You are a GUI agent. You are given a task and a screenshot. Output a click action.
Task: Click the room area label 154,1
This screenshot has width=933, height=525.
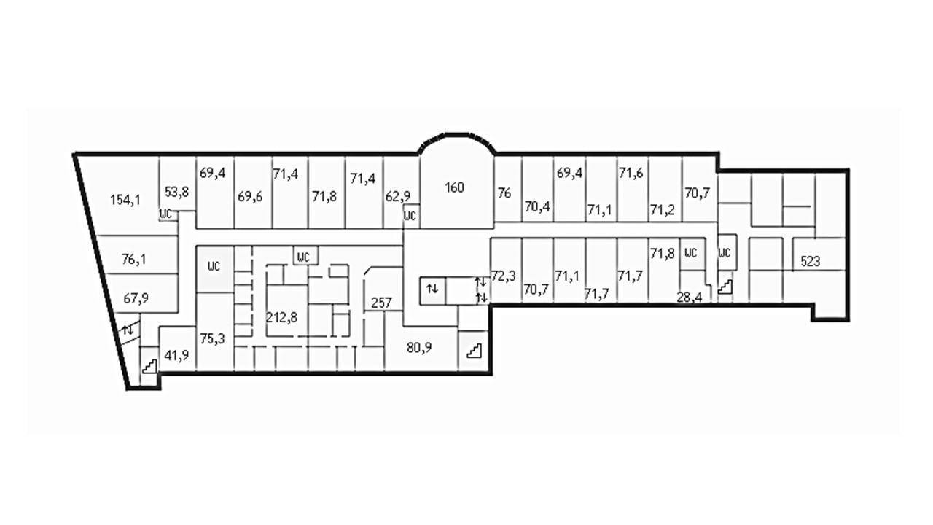(x=125, y=199)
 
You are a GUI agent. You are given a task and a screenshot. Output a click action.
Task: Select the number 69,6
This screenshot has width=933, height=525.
(x=250, y=197)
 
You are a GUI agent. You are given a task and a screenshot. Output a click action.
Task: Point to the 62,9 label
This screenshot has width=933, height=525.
(x=398, y=195)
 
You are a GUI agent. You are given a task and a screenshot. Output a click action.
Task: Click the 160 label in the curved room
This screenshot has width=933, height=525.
(x=454, y=187)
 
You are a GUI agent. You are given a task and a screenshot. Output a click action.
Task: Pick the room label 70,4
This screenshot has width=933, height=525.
(x=537, y=206)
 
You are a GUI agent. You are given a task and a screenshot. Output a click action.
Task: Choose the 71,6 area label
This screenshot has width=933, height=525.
(x=631, y=173)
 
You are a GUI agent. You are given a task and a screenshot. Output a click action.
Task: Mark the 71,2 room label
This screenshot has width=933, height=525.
(x=662, y=211)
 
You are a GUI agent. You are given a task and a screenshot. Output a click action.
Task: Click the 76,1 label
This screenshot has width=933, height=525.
(x=134, y=258)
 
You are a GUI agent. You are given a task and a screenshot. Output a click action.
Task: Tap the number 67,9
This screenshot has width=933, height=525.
(x=136, y=297)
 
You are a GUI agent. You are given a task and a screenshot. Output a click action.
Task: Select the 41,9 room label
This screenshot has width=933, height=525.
(x=176, y=355)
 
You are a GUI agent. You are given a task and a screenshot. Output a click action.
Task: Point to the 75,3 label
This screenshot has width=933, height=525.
(x=212, y=338)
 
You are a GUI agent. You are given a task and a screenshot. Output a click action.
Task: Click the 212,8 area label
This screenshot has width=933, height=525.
(x=282, y=317)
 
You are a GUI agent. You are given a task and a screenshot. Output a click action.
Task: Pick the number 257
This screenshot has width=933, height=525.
(x=382, y=303)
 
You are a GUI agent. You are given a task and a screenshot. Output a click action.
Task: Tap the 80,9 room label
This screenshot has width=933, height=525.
(x=419, y=347)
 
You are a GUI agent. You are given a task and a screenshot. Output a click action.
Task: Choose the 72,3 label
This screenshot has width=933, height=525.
(x=504, y=276)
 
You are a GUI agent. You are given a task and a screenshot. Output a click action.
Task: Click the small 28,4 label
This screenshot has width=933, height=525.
(x=689, y=296)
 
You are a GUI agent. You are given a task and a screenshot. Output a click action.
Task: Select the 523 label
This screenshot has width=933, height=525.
(x=811, y=261)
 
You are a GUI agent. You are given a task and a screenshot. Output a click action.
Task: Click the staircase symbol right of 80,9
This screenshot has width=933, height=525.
(x=474, y=350)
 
